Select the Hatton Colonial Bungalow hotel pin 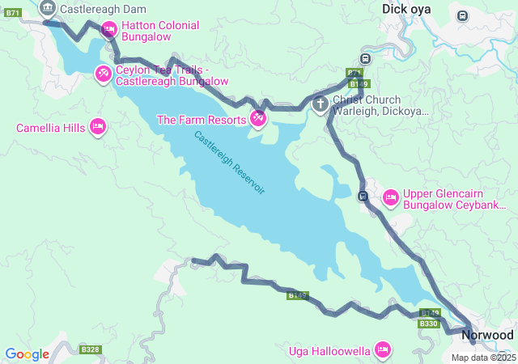(108, 30)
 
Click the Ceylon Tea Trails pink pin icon (103, 74)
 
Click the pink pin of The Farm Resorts (258, 119)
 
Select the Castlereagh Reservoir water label (230, 162)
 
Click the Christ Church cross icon (321, 104)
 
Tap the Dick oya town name (406, 9)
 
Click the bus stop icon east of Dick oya (462, 15)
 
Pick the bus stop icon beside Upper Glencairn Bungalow (363, 196)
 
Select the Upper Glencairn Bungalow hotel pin (391, 197)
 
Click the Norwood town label (487, 334)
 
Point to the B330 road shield (428, 324)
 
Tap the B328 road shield (90, 350)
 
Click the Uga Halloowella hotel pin (383, 349)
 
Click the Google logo (27, 353)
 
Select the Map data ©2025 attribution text (483, 358)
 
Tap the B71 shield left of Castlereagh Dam (13, 13)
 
